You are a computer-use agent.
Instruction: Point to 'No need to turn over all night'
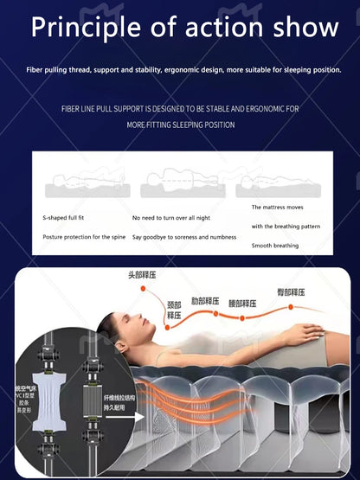[x=170, y=218]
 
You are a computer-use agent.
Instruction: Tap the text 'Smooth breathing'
[x=275, y=246]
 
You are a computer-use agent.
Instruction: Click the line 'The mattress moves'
[x=277, y=208]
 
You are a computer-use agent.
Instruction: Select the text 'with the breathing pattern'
[x=286, y=227]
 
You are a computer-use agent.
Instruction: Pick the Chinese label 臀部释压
[x=292, y=292]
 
